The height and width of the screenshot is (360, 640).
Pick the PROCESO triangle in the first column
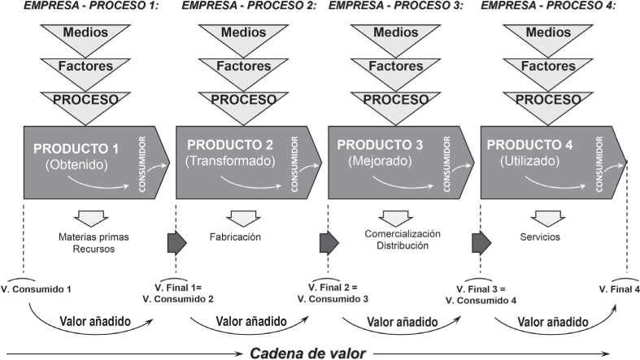pos(86,100)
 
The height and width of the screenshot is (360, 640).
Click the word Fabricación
pos(237,237)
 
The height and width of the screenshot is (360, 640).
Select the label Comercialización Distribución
pos(391,239)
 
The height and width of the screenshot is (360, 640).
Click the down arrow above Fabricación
pos(237,218)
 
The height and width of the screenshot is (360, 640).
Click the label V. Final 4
pos(619,288)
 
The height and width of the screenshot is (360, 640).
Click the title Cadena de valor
pos(307,353)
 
